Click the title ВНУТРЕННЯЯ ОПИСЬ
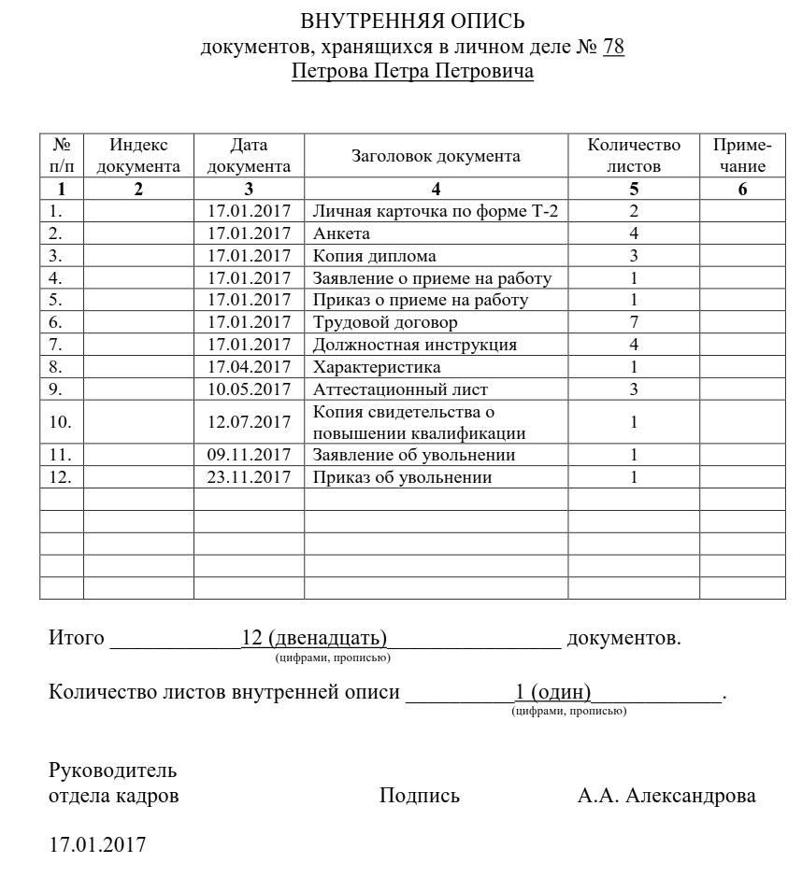pyautogui.click(x=412, y=21)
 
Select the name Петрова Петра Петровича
pyautogui.click(x=412, y=72)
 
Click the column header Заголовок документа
pyautogui.click(x=436, y=156)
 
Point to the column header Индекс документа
pyautogui.click(x=138, y=156)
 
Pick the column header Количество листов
pyautogui.click(x=634, y=156)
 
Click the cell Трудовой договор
pyautogui.click(x=385, y=323)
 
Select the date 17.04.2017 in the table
pyautogui.click(x=249, y=367)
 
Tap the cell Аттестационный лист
pyautogui.click(x=400, y=389)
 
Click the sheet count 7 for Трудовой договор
pyautogui.click(x=634, y=323)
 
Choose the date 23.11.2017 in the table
pyautogui.click(x=249, y=478)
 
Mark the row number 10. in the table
pyautogui.click(x=60, y=422)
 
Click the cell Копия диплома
pyautogui.click(x=375, y=256)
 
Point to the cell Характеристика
pyautogui.click(x=377, y=367)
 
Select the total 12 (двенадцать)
pyautogui.click(x=314, y=639)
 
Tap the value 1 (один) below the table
pyautogui.click(x=553, y=692)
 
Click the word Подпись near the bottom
pyautogui.click(x=420, y=796)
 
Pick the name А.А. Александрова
pyautogui.click(x=666, y=796)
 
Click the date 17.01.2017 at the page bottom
pyautogui.click(x=97, y=845)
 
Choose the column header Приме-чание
pyautogui.click(x=742, y=156)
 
